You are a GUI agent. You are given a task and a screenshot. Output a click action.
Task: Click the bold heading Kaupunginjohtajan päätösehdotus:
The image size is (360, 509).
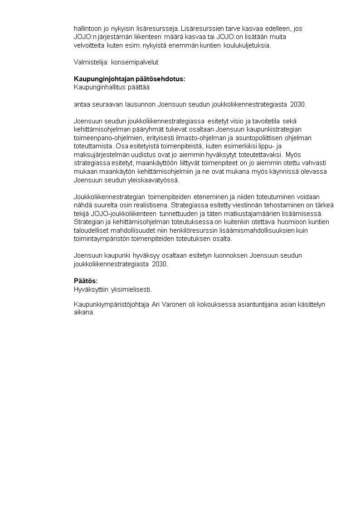point(130,79)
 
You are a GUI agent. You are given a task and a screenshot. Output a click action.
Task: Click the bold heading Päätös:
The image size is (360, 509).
point(86,280)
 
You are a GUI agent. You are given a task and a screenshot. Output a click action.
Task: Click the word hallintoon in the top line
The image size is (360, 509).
point(88,28)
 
